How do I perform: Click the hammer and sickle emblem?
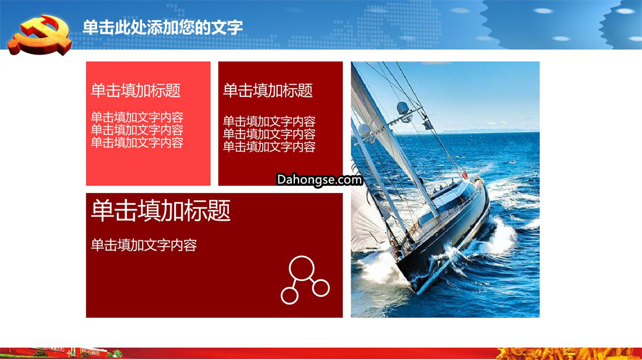pyautogui.click(x=40, y=36)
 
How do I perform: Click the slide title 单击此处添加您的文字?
pyautogui.click(x=162, y=27)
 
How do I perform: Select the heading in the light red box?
pyautogui.click(x=136, y=90)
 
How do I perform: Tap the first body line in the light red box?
pyautogui.click(x=137, y=118)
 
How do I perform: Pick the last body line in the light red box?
pyautogui.click(x=137, y=143)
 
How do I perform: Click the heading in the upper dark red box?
pyautogui.click(x=267, y=90)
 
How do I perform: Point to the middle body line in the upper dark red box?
pyautogui.click(x=269, y=134)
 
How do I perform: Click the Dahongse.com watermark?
pyautogui.click(x=319, y=179)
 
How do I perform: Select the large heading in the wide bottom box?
pyautogui.click(x=161, y=210)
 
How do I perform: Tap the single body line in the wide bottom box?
pyautogui.click(x=144, y=245)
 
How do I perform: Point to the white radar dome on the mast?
pyautogui.click(x=403, y=108)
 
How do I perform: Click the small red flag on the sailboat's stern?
pyautogui.click(x=465, y=175)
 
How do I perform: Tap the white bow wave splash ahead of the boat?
pyautogui.click(x=502, y=235)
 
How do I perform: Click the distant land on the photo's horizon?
pyautogui.click(x=471, y=131)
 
